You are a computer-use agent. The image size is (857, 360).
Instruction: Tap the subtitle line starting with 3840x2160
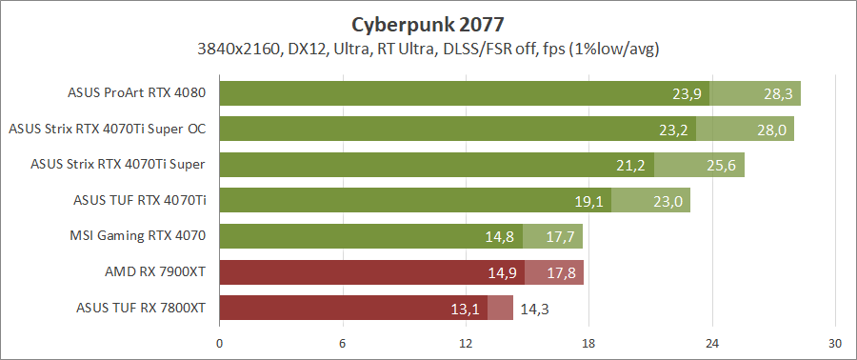(428, 48)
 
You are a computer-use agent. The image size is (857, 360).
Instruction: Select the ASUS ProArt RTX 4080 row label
(137, 93)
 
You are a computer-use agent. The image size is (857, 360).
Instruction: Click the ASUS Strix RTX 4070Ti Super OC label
(107, 129)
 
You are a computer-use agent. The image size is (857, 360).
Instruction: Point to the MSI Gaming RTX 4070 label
(138, 235)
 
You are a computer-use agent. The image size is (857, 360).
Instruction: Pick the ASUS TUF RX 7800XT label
(140, 307)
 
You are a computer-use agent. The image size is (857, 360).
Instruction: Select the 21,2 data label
(631, 166)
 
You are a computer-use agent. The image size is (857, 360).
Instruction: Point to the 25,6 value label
(721, 166)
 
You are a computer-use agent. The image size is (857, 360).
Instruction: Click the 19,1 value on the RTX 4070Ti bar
(588, 201)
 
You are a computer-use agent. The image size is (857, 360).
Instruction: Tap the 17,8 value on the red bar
(560, 272)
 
